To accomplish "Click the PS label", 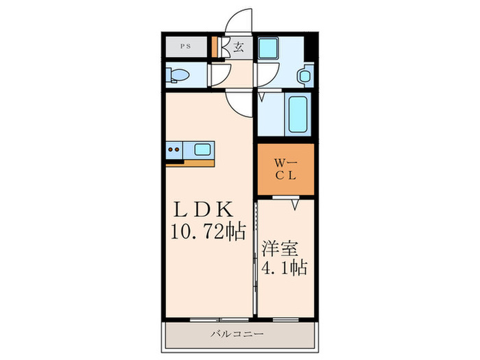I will (x=185, y=47).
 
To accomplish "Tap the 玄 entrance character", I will (x=239, y=47).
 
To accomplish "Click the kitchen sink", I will (x=204, y=148).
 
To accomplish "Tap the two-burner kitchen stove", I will (x=175, y=148).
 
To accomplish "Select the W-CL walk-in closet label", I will (x=285, y=168).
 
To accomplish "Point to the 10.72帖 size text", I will (x=204, y=232).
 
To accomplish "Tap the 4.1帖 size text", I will (x=283, y=265).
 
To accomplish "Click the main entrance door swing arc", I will (x=241, y=21).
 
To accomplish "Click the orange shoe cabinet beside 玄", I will (x=214, y=47).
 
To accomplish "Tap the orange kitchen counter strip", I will (x=191, y=162).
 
